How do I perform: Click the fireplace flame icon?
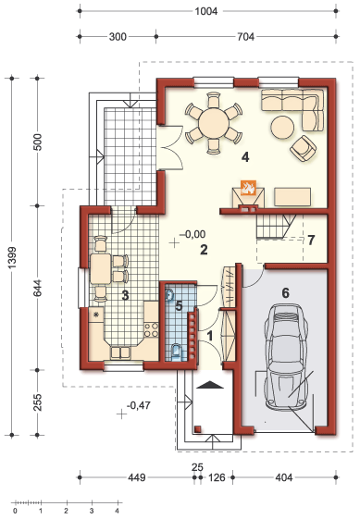tap(248, 188)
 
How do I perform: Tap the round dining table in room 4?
tap(214, 123)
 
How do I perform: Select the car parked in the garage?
tap(285, 356)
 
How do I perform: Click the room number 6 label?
tap(285, 293)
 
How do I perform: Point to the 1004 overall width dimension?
tap(206, 11)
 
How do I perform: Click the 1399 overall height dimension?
tap(12, 257)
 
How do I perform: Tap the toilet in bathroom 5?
tap(176, 352)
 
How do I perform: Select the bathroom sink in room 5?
tap(170, 295)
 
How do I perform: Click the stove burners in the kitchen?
tap(151, 329)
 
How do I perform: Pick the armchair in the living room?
tap(303, 149)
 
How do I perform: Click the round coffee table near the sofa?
tap(282, 127)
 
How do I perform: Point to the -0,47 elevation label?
tap(139, 405)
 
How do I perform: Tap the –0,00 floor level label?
tap(192, 234)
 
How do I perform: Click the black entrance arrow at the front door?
tap(210, 385)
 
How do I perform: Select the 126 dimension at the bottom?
tap(217, 477)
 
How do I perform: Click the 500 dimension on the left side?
tap(38, 142)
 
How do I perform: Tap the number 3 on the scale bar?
tap(92, 511)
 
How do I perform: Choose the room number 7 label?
tap(311, 241)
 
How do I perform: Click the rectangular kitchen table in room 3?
tap(100, 269)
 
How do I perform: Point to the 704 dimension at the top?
tap(246, 37)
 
